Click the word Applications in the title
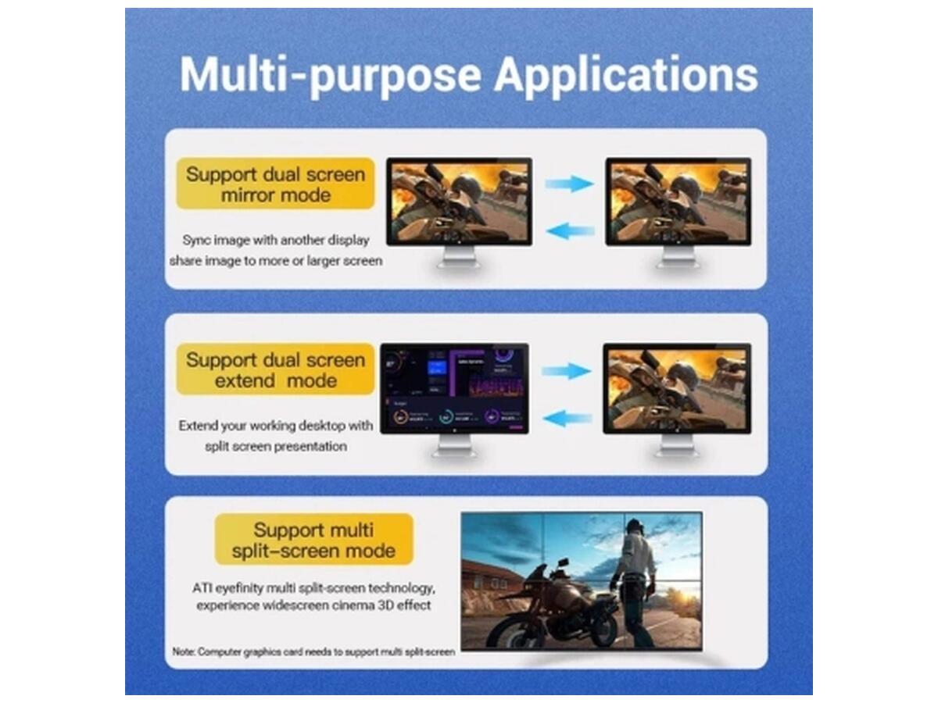[626, 76]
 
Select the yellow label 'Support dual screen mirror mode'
[275, 184]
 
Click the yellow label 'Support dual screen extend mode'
[275, 370]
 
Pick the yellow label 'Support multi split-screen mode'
[313, 540]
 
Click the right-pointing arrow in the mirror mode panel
[569, 184]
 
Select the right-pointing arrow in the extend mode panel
[567, 371]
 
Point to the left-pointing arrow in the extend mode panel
[567, 419]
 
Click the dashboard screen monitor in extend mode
[454, 388]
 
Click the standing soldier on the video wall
[635, 578]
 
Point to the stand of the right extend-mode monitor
[676, 446]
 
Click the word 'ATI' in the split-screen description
[202, 587]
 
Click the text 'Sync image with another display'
[275, 240]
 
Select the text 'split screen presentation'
[275, 447]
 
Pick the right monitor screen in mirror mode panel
[678, 202]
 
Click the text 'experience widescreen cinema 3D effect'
[313, 605]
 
